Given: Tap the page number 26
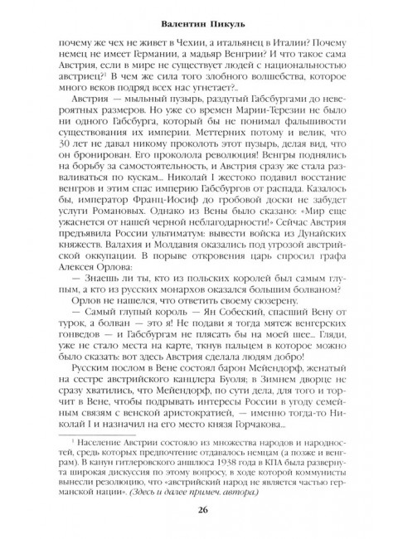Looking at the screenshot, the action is point(199,512).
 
